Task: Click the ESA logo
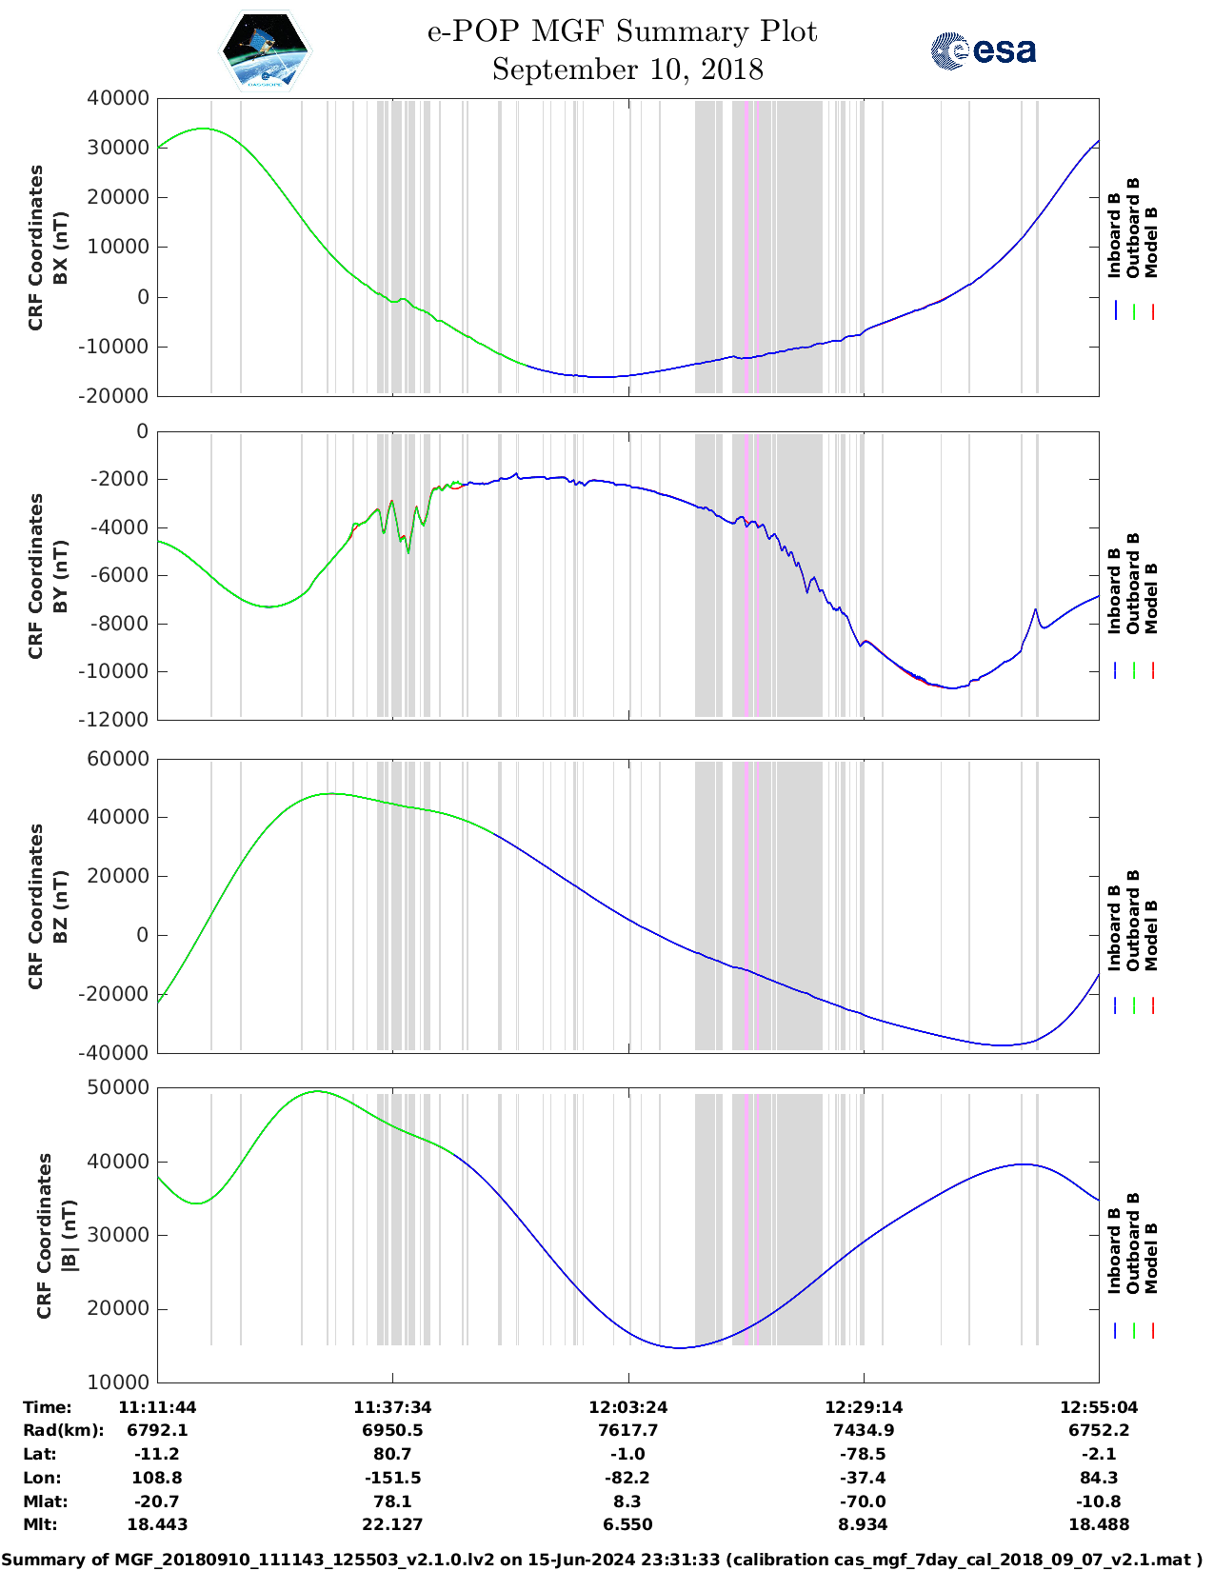(983, 50)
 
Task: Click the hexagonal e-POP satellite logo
(266, 50)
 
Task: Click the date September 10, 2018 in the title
(627, 70)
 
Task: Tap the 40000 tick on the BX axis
(118, 98)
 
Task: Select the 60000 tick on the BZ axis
(118, 759)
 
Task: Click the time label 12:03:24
(627, 1407)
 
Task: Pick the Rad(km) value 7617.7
(627, 1430)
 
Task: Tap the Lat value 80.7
(392, 1454)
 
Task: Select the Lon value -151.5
(392, 1478)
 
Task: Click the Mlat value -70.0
(863, 1501)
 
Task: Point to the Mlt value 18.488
(1099, 1524)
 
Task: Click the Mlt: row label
(40, 1524)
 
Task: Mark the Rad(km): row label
(63, 1430)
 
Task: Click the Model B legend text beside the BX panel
(1151, 242)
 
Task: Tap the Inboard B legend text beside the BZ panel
(1114, 928)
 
